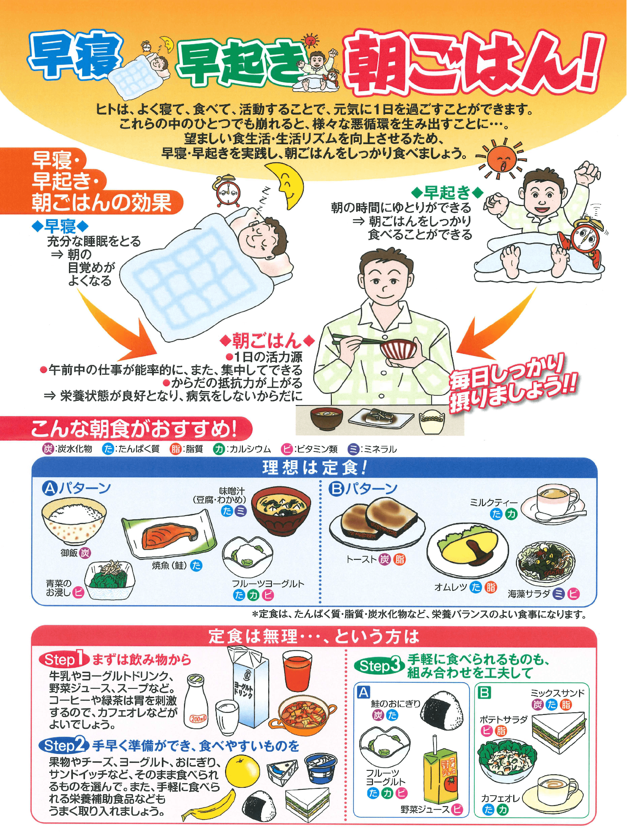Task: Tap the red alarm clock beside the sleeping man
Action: [227, 191]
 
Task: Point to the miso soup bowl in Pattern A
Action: [281, 510]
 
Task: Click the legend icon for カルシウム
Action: [218, 449]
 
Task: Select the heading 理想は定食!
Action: [315, 468]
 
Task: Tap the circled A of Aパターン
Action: [49, 488]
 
